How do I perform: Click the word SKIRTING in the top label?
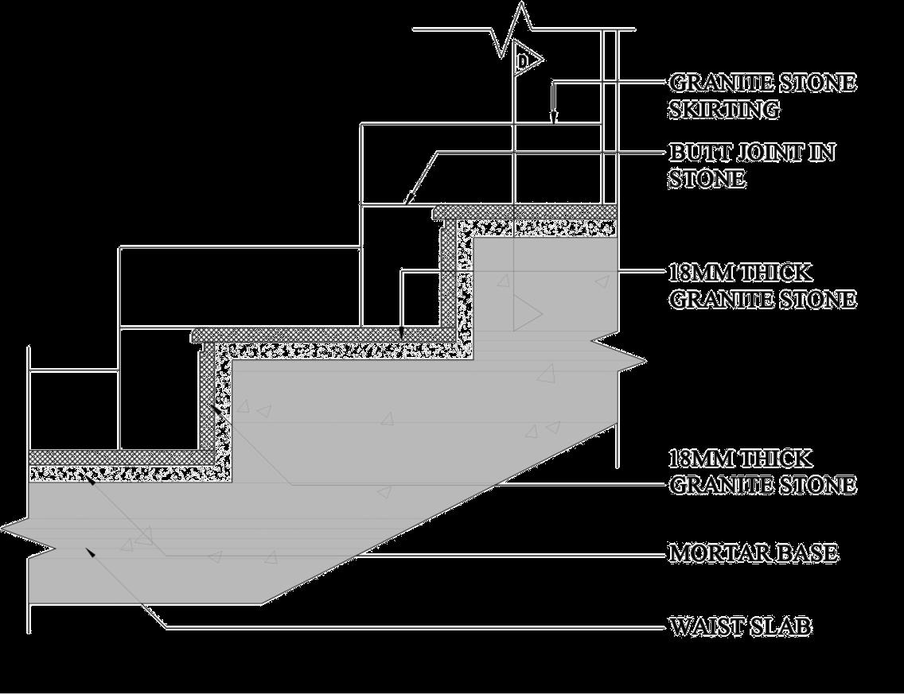coord(723,110)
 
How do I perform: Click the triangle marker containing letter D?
coord(525,60)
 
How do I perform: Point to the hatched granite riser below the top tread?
coord(449,270)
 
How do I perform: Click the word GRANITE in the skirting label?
coord(707,83)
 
